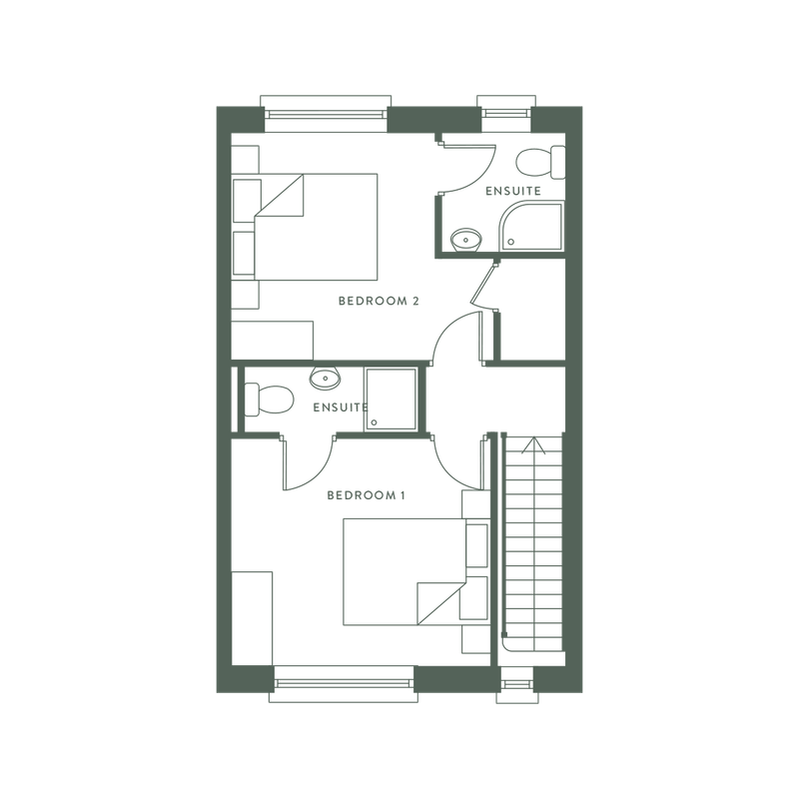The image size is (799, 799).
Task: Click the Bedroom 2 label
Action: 381,299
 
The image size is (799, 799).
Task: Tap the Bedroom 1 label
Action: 365,493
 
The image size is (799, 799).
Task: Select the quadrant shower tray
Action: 531,227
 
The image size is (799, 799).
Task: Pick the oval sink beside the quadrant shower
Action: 464,240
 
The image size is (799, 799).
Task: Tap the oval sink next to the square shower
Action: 325,378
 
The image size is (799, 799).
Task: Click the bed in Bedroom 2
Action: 307,227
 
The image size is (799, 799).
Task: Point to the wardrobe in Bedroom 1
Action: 252,619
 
